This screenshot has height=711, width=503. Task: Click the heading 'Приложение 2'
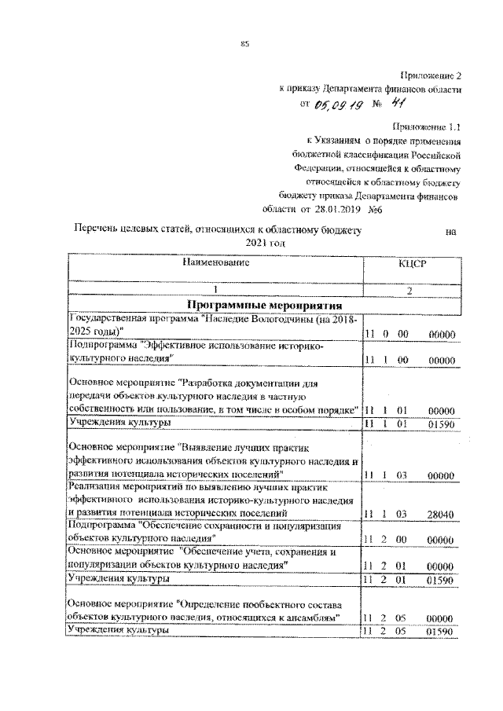click(x=431, y=75)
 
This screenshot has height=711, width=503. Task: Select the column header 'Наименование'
click(x=215, y=264)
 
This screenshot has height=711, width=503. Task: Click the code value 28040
click(x=441, y=513)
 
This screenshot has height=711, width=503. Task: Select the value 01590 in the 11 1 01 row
click(x=441, y=424)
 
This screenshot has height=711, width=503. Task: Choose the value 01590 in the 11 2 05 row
click(x=441, y=631)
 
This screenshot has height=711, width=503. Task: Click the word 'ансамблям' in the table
click(x=312, y=618)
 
